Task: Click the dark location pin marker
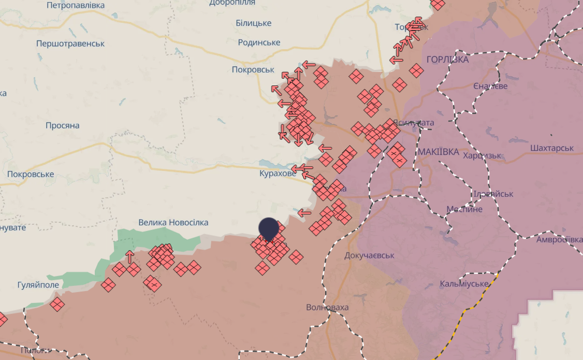(x=268, y=228)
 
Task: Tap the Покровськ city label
(x=253, y=69)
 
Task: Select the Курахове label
(x=278, y=174)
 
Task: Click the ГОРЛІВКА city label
(x=447, y=60)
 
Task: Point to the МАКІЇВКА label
(x=439, y=152)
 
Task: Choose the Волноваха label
(x=327, y=307)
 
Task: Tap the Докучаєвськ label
(x=370, y=255)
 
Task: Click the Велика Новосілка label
(x=173, y=222)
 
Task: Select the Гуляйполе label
(x=38, y=284)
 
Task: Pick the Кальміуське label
(x=464, y=284)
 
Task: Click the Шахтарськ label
(x=552, y=148)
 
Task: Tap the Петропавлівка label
(x=75, y=5)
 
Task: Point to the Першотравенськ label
(x=70, y=44)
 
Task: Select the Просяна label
(x=62, y=125)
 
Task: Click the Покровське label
(x=31, y=174)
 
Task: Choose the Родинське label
(x=259, y=42)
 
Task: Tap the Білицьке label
(x=254, y=23)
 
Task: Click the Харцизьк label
(x=482, y=155)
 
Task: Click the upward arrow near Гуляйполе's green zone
(x=130, y=256)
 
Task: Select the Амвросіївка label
(x=559, y=239)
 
